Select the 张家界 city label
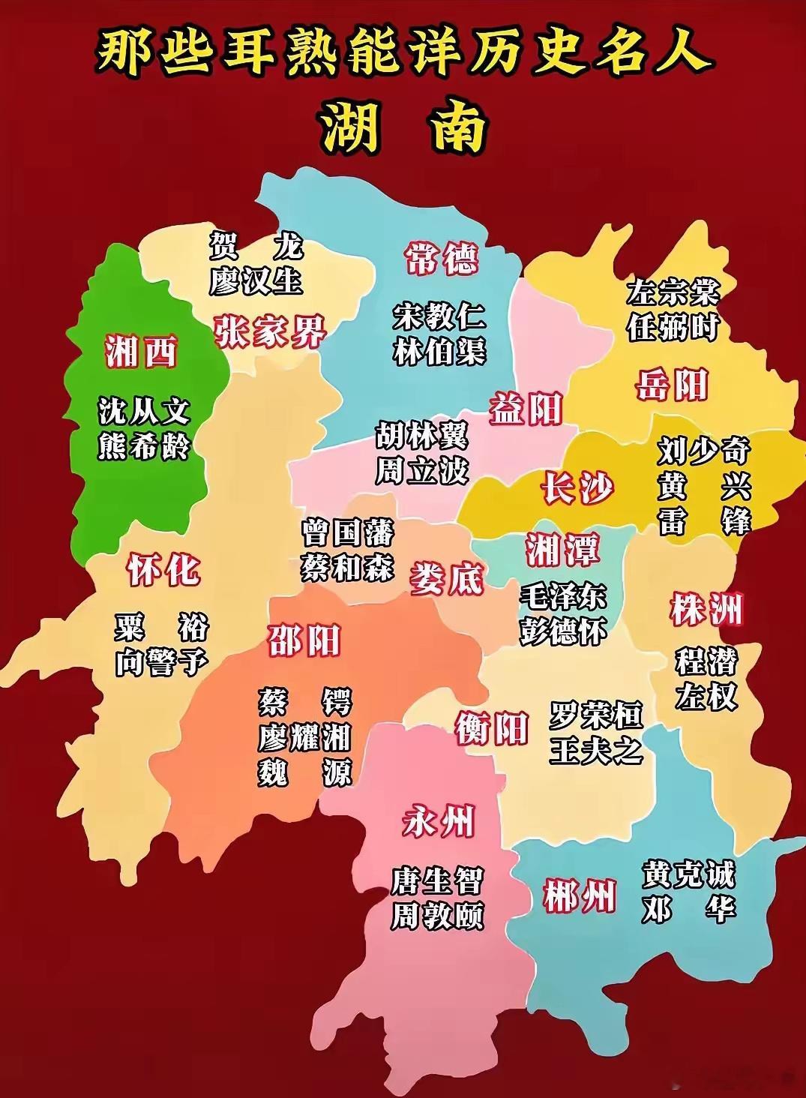coord(270,331)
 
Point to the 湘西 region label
coord(141,351)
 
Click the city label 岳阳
coord(672,386)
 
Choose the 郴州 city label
coord(580,896)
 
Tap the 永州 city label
coord(439,823)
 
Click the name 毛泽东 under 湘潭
coord(563,597)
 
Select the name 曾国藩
coord(347,534)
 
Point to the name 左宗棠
coord(673,292)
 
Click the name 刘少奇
coord(703,451)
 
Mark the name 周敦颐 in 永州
coord(437,916)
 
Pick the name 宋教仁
coord(439,317)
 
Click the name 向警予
coord(160,663)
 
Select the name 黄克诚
coord(688,874)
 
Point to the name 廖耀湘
coord(304,737)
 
